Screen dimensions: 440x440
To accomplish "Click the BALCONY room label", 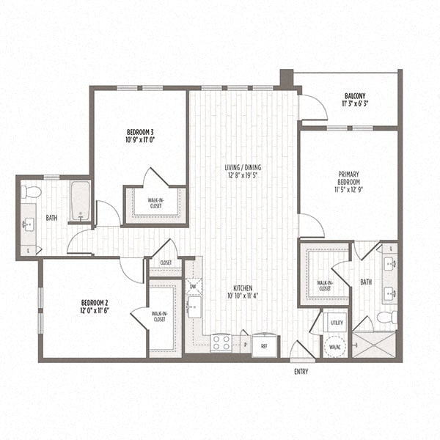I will [x=356, y=96].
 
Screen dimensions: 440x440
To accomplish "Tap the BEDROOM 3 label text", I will [x=139, y=133].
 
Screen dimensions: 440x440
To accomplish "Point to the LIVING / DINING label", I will [x=243, y=167].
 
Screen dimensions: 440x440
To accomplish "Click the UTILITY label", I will [x=337, y=322].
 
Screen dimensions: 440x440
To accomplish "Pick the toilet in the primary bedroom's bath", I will [x=386, y=318].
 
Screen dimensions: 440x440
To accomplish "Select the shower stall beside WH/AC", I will [x=374, y=343].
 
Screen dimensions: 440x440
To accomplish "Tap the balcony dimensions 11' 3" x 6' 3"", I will [x=356, y=104].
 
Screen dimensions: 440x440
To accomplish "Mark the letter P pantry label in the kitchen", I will [x=244, y=342].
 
